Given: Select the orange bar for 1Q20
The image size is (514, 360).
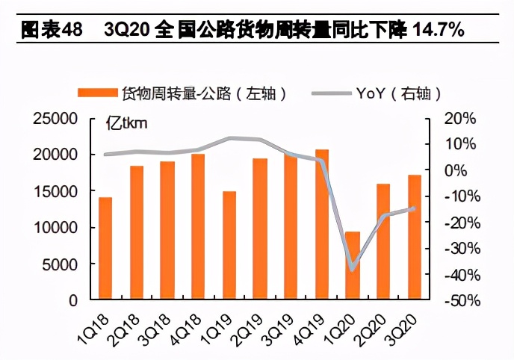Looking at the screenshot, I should tap(352, 266).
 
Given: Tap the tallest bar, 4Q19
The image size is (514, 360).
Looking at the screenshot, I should tap(321, 225).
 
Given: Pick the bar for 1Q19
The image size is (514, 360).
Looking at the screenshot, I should tap(229, 246).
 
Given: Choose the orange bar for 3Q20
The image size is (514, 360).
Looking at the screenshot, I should tap(414, 238).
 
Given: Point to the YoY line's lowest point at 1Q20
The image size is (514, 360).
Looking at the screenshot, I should tap(352, 269).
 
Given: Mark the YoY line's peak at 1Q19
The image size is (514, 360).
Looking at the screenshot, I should tap(229, 138).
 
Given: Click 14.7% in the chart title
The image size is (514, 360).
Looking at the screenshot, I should tap(436, 30).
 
